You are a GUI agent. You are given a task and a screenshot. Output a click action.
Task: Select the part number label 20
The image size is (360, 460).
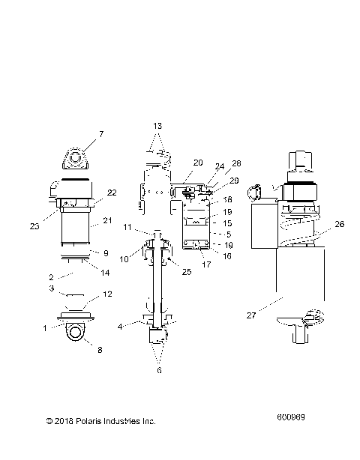[x=198, y=163]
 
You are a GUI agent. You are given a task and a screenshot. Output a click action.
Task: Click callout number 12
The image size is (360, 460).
[x=107, y=294]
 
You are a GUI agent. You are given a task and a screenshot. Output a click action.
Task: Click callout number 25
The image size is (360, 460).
[x=187, y=272]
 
